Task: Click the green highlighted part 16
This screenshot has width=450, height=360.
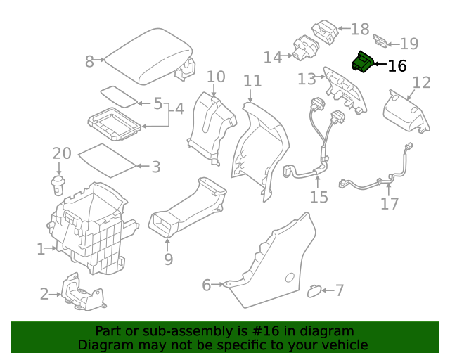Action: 363,63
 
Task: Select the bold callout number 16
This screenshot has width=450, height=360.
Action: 397,66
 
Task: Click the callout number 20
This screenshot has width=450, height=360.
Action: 62,153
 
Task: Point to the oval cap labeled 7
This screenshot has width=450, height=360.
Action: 315,289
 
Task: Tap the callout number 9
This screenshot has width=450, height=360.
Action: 168,259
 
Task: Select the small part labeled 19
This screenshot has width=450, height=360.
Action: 380,41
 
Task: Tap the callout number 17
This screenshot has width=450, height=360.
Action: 390,204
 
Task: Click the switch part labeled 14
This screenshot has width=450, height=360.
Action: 305,49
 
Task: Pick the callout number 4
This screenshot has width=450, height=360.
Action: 179,109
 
